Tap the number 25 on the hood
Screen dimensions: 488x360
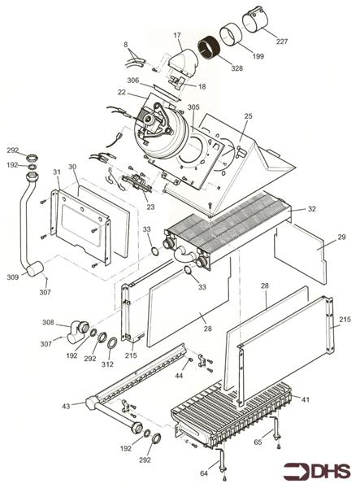[x=248, y=117]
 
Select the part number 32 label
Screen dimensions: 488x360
[x=312, y=210]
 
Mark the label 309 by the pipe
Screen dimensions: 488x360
[x=12, y=277]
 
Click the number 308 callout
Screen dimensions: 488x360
[x=49, y=323]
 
